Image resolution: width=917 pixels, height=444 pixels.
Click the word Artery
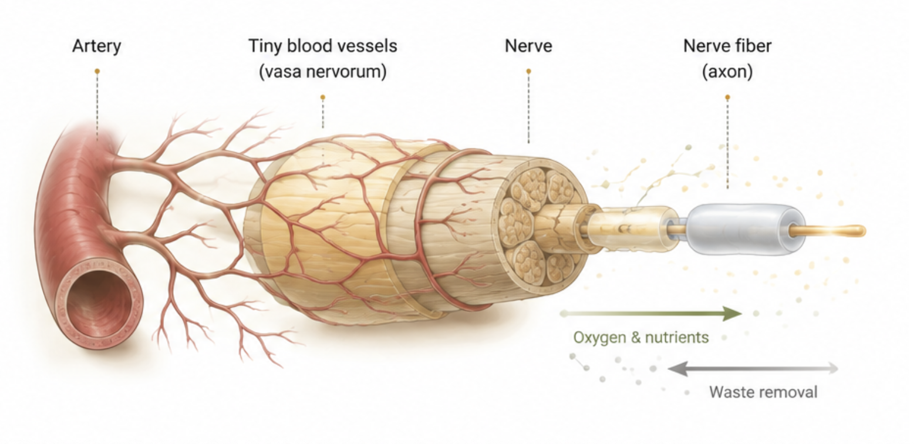click(x=97, y=46)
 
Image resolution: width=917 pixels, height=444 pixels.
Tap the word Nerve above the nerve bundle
click(x=528, y=45)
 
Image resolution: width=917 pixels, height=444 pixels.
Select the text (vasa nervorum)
click(x=322, y=72)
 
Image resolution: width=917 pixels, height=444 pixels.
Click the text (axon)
click(x=727, y=72)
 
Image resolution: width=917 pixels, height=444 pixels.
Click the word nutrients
click(x=677, y=338)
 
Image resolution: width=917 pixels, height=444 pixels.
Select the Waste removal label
click(x=764, y=392)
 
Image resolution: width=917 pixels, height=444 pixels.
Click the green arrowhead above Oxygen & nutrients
click(x=733, y=314)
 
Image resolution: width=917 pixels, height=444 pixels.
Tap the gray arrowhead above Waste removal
click(x=676, y=369)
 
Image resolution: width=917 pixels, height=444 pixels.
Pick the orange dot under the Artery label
click(x=97, y=71)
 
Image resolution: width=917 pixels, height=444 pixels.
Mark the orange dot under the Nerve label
click(x=528, y=71)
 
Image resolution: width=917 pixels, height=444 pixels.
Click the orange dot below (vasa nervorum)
click(x=322, y=97)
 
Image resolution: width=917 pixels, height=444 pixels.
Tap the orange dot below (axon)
click(x=727, y=97)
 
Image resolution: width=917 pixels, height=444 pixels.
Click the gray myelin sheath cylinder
click(x=745, y=230)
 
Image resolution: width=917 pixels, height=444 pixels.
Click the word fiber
click(x=750, y=45)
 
